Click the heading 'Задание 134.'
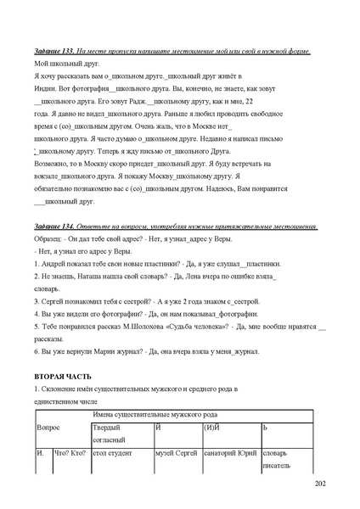click(54, 227)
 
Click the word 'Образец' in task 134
click(48, 239)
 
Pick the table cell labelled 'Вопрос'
click(48, 428)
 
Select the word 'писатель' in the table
click(277, 466)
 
